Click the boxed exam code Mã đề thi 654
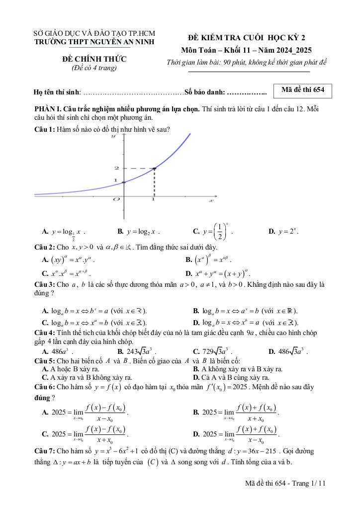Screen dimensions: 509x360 [x=302, y=90]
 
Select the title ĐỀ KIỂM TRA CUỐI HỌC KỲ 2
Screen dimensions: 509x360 [x=247, y=38]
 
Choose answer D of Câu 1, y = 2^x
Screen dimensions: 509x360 [x=283, y=232]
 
